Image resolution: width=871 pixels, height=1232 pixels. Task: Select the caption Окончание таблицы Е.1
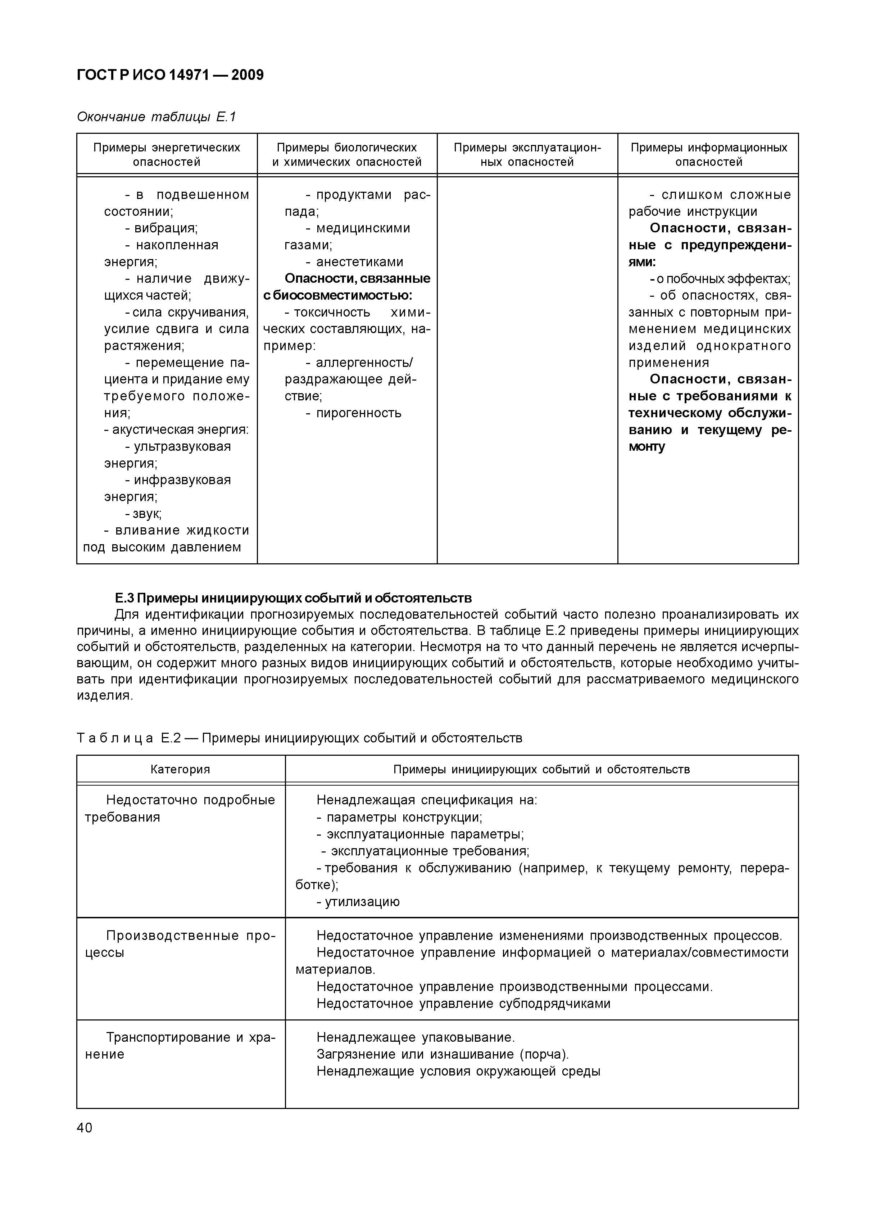click(x=156, y=117)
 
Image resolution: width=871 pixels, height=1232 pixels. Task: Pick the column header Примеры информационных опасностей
click(x=708, y=155)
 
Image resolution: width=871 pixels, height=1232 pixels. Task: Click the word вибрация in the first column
click(x=165, y=228)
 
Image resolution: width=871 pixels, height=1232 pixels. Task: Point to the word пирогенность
click(x=358, y=413)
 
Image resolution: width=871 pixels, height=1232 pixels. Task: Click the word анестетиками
click(x=359, y=262)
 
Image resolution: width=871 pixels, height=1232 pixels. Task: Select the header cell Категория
click(x=180, y=769)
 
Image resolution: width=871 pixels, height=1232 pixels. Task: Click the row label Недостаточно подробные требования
click(x=180, y=808)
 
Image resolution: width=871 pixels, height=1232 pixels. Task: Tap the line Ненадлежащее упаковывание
click(x=416, y=1037)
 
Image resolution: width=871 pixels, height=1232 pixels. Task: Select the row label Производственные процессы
click(x=180, y=944)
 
